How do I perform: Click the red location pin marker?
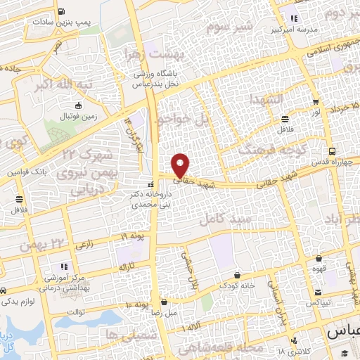[181, 165]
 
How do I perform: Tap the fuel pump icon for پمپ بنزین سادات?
[62, 11]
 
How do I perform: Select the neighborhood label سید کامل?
[224, 220]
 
